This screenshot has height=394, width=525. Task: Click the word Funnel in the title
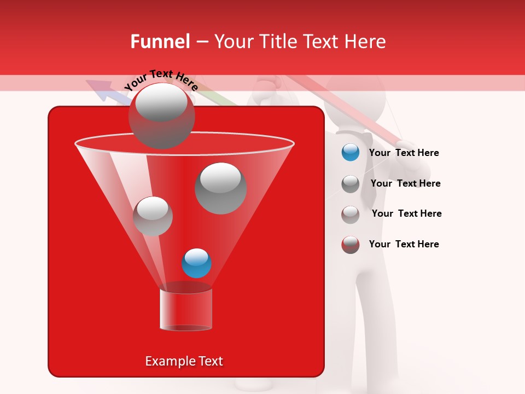click(x=160, y=42)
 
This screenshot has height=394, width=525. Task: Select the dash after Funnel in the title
click(x=201, y=42)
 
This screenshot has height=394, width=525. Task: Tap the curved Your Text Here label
click(x=161, y=80)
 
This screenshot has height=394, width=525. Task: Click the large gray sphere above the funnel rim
click(x=162, y=116)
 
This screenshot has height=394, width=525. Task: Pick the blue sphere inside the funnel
click(x=196, y=263)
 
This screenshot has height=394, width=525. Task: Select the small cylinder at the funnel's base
click(x=185, y=310)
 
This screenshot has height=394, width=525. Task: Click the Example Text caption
click(x=184, y=361)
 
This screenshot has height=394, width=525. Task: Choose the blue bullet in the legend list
click(x=351, y=153)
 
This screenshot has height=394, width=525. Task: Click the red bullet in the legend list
click(x=351, y=245)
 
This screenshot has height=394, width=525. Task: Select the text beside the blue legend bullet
click(x=404, y=153)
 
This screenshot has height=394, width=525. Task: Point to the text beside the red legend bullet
click(x=404, y=244)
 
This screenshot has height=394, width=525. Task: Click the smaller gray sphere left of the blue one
click(x=153, y=216)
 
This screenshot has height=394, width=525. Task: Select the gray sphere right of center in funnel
click(x=220, y=188)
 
